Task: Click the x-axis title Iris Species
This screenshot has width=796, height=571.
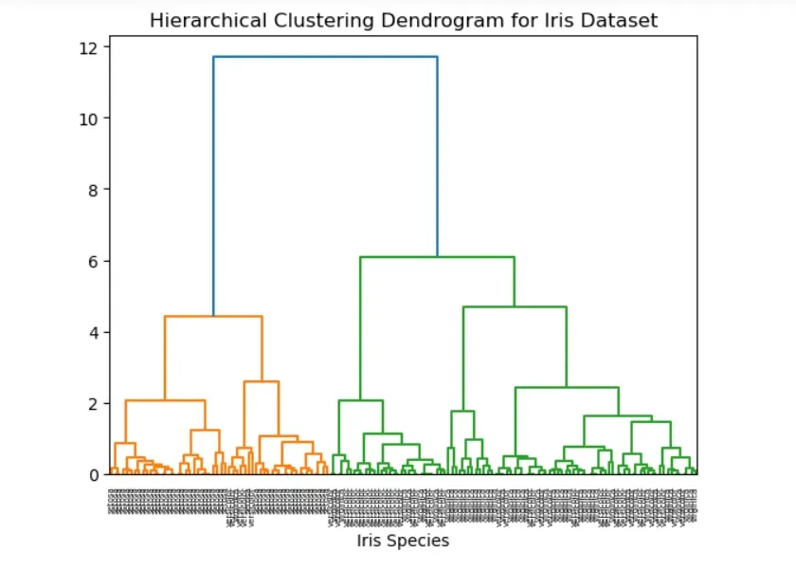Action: pyautogui.click(x=403, y=541)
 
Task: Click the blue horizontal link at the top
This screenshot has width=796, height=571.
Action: pyautogui.click(x=325, y=57)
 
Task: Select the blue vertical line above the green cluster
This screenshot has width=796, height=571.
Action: pyautogui.click(x=437, y=157)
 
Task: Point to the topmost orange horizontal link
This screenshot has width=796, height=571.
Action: pyautogui.click(x=213, y=316)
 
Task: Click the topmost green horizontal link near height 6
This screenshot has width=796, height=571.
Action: pyautogui.click(x=437, y=257)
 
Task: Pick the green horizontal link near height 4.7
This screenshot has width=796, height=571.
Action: pyautogui.click(x=515, y=306)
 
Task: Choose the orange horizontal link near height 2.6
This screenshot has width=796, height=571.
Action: pyautogui.click(x=262, y=381)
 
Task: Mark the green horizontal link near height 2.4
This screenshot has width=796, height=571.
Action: pyautogui.click(x=567, y=387)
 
